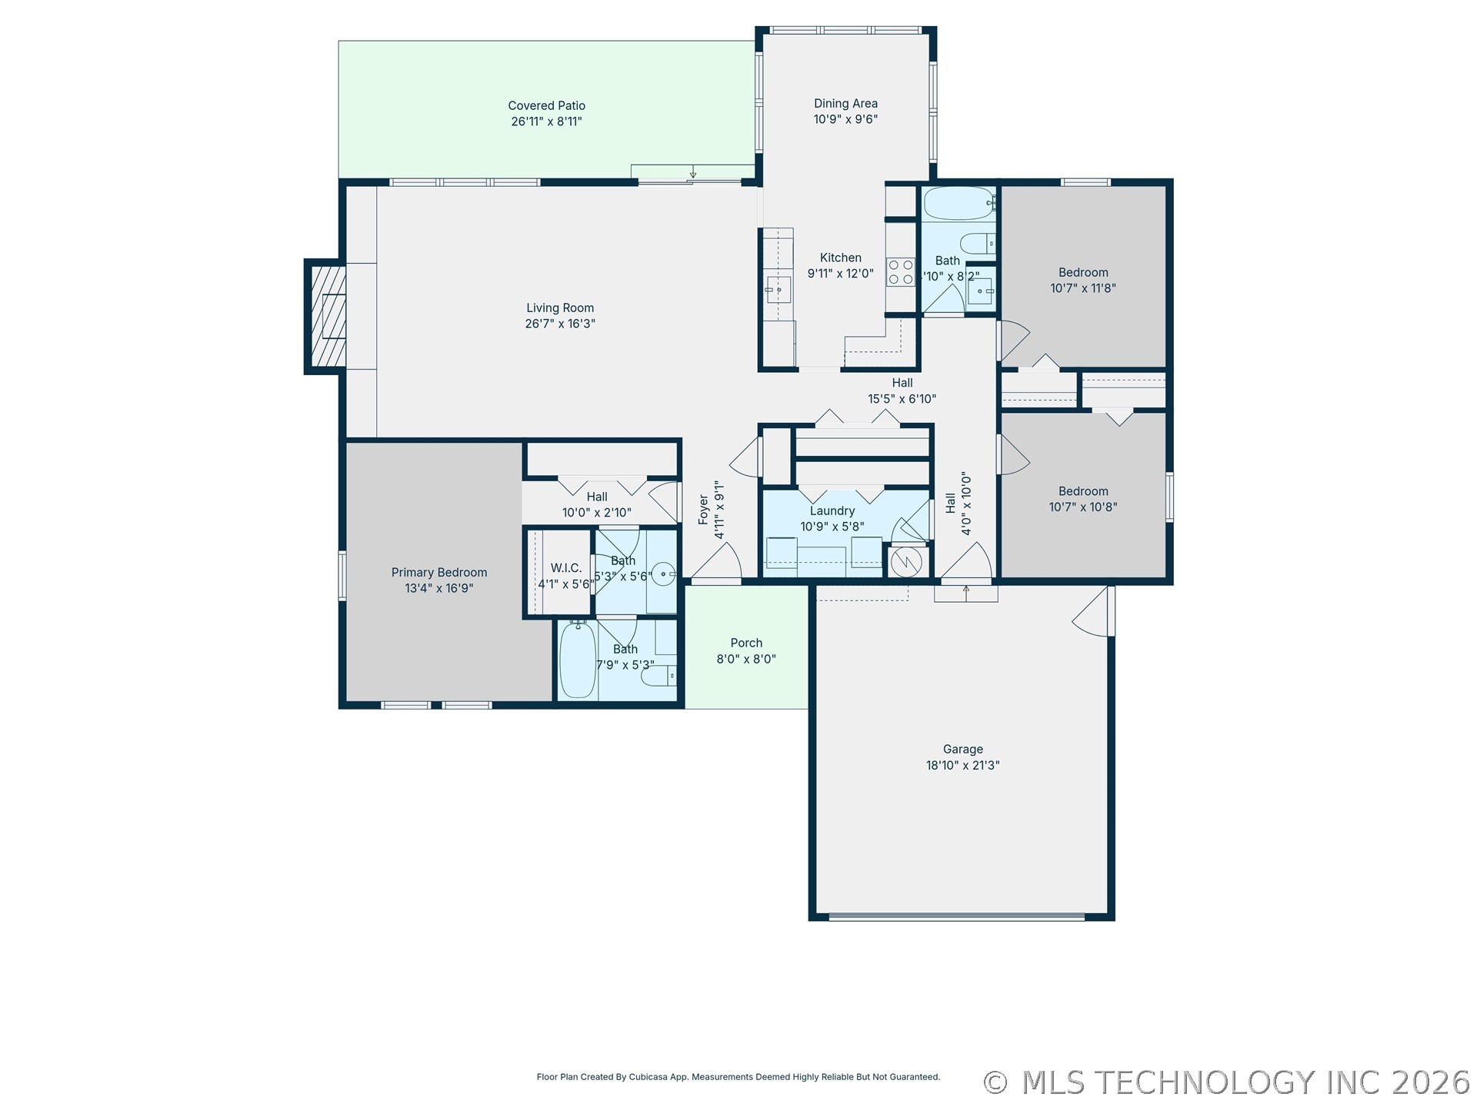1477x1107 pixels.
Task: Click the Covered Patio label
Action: (x=546, y=106)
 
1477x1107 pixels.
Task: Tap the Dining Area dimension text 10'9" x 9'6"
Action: (x=845, y=119)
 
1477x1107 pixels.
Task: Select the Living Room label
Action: (x=560, y=308)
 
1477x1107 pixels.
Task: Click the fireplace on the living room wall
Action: (x=325, y=317)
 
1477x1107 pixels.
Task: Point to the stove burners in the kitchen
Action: (x=901, y=272)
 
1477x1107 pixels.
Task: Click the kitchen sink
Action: (x=779, y=290)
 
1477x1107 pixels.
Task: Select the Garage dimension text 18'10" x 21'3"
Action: (x=962, y=766)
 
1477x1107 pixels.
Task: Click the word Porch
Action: (x=746, y=643)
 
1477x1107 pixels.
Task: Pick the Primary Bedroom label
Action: (x=439, y=573)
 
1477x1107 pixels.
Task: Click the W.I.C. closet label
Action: (x=566, y=568)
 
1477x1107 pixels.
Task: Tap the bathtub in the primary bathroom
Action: (x=577, y=660)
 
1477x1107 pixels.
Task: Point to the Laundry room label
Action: (x=832, y=511)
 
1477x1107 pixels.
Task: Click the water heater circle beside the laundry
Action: (x=906, y=562)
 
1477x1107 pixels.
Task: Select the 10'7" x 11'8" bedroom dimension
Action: (x=1083, y=288)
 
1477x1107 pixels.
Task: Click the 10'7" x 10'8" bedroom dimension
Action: (x=1083, y=507)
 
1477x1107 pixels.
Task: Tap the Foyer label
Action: (x=703, y=510)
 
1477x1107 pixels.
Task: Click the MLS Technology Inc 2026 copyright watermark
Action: (x=1227, y=1082)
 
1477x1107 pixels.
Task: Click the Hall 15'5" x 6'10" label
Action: (x=902, y=391)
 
